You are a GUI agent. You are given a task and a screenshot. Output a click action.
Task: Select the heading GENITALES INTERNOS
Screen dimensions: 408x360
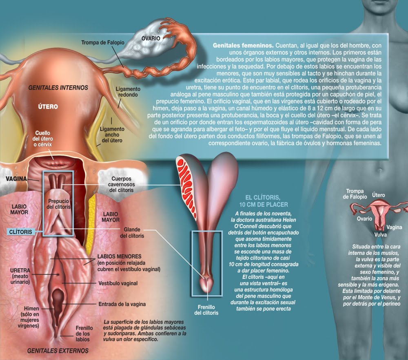click(58, 87)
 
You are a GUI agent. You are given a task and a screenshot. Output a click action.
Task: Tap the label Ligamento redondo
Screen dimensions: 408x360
click(128, 92)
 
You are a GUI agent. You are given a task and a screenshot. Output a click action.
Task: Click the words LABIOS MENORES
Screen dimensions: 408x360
click(115, 257)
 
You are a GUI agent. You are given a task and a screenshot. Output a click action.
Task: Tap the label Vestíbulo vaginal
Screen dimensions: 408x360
click(118, 283)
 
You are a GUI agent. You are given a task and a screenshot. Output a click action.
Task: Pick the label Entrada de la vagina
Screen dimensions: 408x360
click(122, 304)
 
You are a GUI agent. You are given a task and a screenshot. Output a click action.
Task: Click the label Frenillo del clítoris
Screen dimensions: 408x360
click(206, 310)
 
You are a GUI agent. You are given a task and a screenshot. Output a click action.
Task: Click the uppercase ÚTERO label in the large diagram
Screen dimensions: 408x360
click(48, 107)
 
